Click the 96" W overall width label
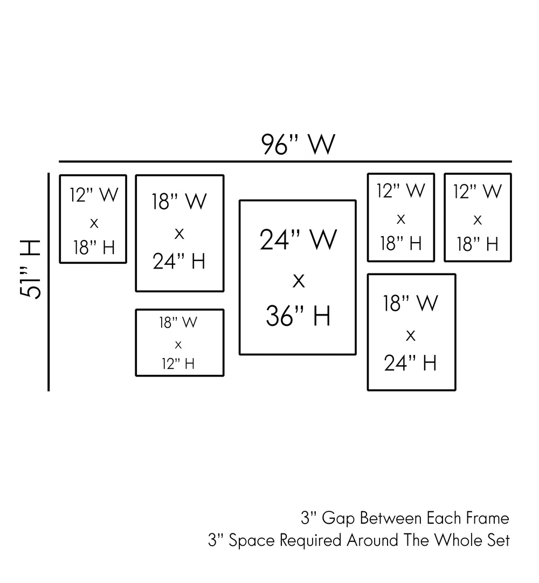click(x=298, y=145)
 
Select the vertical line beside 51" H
click(x=49, y=280)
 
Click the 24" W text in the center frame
click(x=298, y=239)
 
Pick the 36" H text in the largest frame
click(x=298, y=316)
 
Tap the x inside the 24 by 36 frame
click(x=298, y=280)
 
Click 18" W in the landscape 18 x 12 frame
click(x=178, y=323)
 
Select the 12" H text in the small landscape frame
click(x=178, y=363)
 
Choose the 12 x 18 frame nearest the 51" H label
click(x=93, y=219)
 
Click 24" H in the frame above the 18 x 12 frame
click(x=179, y=262)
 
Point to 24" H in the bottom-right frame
click(x=410, y=363)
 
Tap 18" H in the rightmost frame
click(x=478, y=244)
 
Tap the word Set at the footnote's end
click(x=499, y=540)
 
